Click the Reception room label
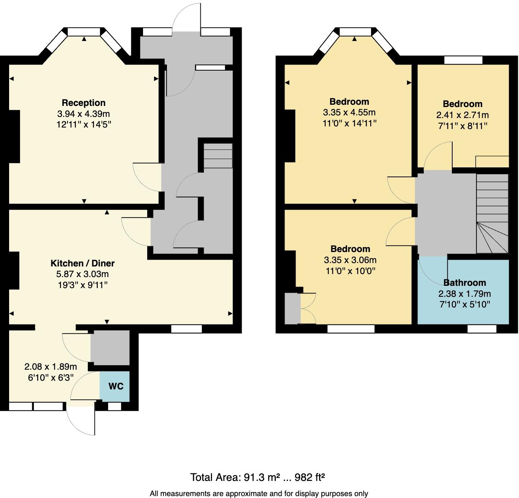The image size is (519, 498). point(83,103)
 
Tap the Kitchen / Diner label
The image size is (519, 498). point(82,263)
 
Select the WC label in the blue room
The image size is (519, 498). point(116,386)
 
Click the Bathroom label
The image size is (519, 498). point(464,283)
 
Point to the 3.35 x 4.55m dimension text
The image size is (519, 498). point(349,112)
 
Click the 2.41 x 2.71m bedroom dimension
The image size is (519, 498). point(462,115)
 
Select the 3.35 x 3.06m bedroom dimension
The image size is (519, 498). point(350,260)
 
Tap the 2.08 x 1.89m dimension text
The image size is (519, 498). point(50,367)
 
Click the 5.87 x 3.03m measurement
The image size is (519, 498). point(82,274)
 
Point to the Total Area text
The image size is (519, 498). point(257,477)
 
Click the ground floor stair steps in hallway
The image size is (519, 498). point(218,156)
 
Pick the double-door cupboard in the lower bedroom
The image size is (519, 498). point(308,308)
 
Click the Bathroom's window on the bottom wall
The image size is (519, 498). point(481,329)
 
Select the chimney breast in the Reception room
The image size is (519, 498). point(14,137)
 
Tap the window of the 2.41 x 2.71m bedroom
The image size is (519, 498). point(463,60)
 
